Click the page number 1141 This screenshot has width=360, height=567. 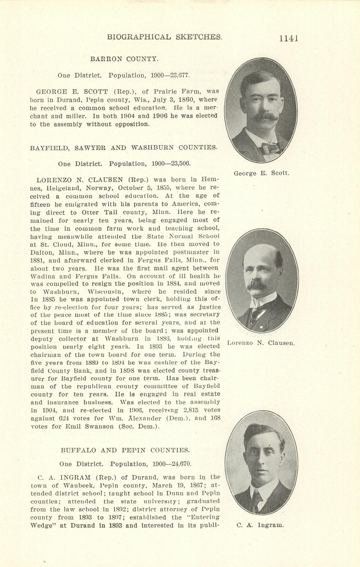point(288,38)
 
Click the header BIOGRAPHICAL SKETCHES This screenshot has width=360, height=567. point(164,37)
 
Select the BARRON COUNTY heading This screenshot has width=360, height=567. point(124,59)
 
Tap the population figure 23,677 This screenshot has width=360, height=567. point(177,76)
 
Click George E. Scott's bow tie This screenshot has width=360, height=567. point(270,148)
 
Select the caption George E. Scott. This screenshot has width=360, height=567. point(261,173)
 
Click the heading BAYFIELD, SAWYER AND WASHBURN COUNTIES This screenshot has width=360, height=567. point(124,148)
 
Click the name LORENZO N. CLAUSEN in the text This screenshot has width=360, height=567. point(81,180)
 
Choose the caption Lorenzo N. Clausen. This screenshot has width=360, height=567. point(261,343)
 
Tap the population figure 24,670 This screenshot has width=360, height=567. point(179,464)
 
